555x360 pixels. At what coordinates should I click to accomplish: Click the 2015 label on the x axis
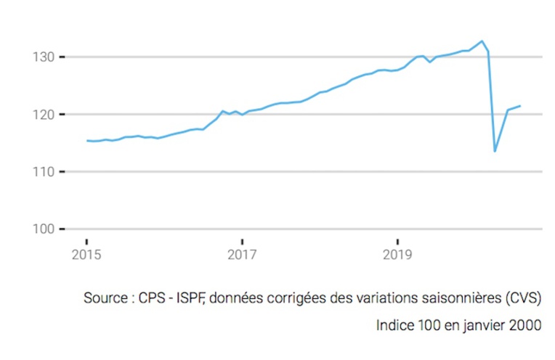[x=86, y=255]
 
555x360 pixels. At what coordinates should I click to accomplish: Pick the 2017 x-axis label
[x=242, y=255]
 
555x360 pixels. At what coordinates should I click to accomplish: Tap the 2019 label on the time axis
[x=397, y=255]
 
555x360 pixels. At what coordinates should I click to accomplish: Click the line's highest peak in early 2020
[x=482, y=41]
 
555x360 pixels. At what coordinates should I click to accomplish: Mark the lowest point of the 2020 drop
[x=495, y=151]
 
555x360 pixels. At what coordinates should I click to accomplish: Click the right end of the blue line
[x=520, y=106]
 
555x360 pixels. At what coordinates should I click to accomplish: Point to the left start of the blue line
[x=87, y=141]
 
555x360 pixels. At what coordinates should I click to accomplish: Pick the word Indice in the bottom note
[x=395, y=324]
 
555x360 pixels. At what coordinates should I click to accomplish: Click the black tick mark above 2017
[x=242, y=242]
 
